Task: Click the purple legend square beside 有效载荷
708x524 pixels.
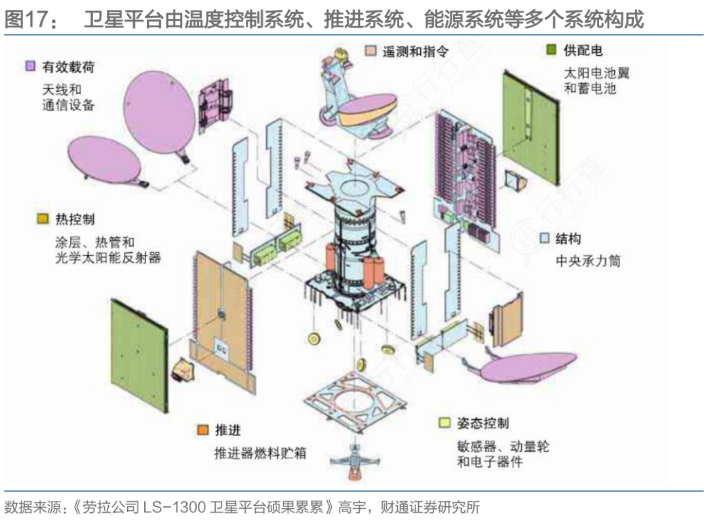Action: [x=30, y=66]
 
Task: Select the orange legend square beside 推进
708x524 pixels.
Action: [x=203, y=430]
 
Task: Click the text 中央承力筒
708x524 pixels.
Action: [x=587, y=260]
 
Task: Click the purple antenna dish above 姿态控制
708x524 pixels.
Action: [x=528, y=367]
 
